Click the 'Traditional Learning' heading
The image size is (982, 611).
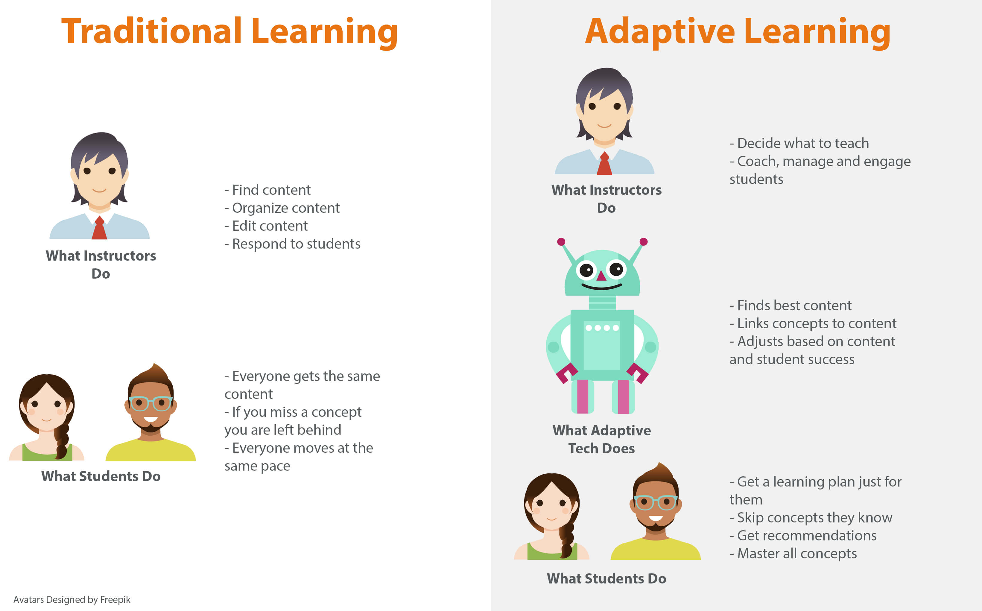pyautogui.click(x=229, y=31)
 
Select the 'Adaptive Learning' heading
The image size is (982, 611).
pyautogui.click(x=738, y=31)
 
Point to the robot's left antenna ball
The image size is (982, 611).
pyautogui.click(x=561, y=242)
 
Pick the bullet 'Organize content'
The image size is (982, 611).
pyautogui.click(x=282, y=208)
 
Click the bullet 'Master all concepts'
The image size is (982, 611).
pyautogui.click(x=793, y=553)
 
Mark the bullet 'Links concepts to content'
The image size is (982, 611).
pyautogui.click(x=813, y=323)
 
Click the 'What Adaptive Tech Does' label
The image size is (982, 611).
pyautogui.click(x=601, y=439)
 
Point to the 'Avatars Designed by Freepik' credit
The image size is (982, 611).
pyautogui.click(x=72, y=599)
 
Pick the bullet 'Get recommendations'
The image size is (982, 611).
pyautogui.click(x=803, y=535)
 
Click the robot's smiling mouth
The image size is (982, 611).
pyautogui.click(x=601, y=287)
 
